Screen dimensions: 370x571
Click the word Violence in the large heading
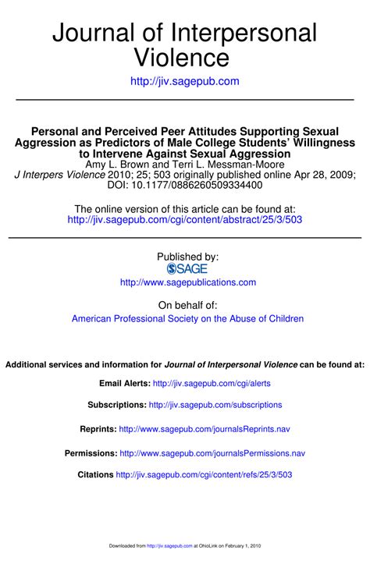tap(184, 58)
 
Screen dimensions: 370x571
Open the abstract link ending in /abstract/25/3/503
tap(185, 220)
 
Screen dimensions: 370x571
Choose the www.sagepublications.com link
tap(188, 282)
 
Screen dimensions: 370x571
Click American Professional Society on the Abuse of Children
tap(187, 318)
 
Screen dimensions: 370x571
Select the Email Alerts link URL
tap(212, 384)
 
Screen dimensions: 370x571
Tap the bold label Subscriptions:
tap(117, 405)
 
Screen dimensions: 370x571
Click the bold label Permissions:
tap(91, 453)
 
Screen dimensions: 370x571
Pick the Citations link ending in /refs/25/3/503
tap(204, 475)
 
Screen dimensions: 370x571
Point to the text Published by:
tap(188, 256)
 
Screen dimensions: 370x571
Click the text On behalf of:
tap(188, 304)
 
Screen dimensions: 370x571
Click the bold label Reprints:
tap(98, 429)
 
